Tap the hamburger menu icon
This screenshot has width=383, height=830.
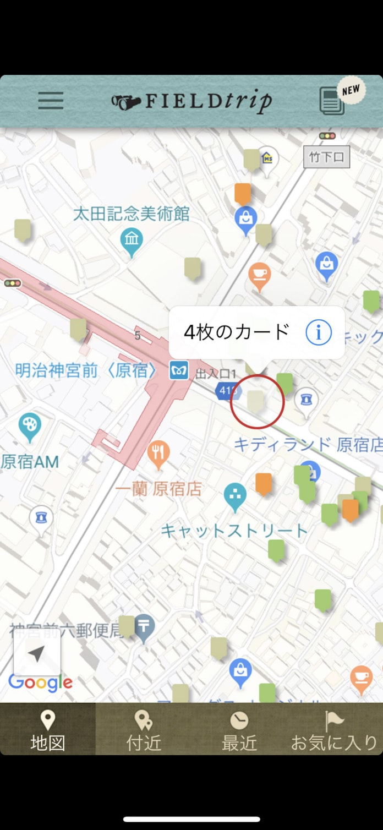51,101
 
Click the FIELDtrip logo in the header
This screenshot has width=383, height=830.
192,101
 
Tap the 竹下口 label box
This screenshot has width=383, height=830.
326,157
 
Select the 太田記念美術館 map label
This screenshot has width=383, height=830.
131,214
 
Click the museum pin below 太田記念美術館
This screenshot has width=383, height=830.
132,241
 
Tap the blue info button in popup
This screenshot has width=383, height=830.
319,332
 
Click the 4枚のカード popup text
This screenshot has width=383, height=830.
236,332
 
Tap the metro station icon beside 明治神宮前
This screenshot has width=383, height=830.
179,370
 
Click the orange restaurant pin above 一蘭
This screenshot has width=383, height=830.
158,455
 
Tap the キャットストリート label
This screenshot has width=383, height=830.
234,531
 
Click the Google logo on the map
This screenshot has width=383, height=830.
40,683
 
